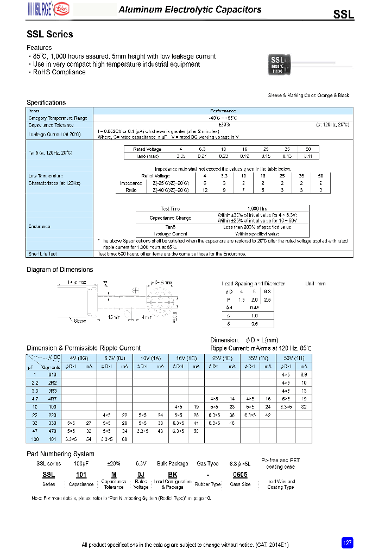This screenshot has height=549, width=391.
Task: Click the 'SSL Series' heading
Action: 50,34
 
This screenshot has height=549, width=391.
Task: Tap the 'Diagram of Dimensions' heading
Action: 60,270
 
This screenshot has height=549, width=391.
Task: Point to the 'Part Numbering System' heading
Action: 60,454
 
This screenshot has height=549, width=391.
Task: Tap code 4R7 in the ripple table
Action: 53,398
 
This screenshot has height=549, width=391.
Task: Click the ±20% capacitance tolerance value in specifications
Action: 216,125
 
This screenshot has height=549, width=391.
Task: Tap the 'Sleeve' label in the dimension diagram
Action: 80,321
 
